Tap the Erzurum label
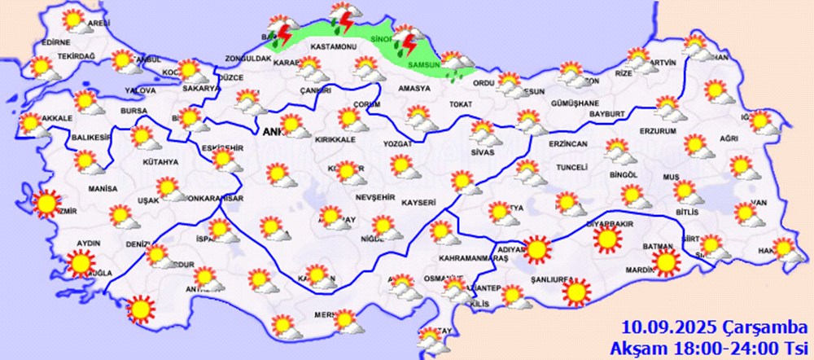pos(659,130)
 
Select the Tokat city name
pos(460,104)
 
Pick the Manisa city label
pos(101,188)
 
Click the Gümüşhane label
pos(575,103)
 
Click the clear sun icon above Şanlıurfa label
pos(577,291)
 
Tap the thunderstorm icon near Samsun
pos(405,41)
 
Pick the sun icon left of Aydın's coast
pos(79,263)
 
